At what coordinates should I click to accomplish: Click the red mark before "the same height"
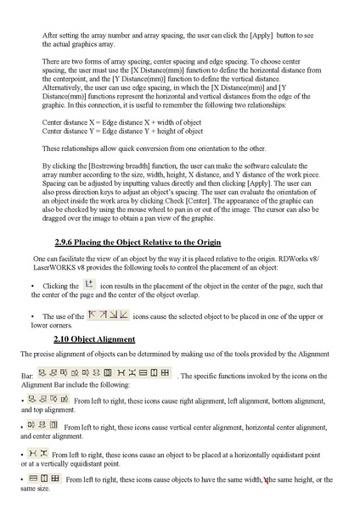coord(266,480)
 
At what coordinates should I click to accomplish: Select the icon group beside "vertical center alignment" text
coord(42,426)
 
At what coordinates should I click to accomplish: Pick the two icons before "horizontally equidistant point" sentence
coord(39,453)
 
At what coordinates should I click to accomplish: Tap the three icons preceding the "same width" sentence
coord(43,479)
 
